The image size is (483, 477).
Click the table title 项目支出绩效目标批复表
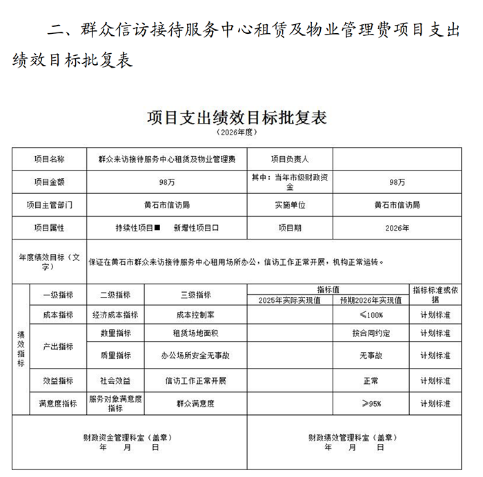[237, 117]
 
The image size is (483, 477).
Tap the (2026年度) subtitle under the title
[237, 132]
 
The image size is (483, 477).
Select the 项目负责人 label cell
[289, 158]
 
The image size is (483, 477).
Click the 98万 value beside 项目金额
[166, 182]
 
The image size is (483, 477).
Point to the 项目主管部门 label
[49, 205]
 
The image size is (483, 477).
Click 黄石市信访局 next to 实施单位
[397, 205]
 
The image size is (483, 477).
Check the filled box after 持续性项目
[157, 227]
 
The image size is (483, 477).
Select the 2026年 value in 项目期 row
[397, 227]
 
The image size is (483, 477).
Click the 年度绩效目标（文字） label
[49, 262]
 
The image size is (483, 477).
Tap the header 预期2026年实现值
[371, 300]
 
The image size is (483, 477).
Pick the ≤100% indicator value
[371, 315]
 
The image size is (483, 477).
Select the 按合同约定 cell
[371, 333]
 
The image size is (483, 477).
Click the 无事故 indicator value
[371, 356]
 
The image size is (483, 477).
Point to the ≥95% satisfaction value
[371, 403]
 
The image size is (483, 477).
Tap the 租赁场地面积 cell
[195, 333]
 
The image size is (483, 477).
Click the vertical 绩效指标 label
[20, 349]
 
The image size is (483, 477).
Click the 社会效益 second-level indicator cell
[115, 380]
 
